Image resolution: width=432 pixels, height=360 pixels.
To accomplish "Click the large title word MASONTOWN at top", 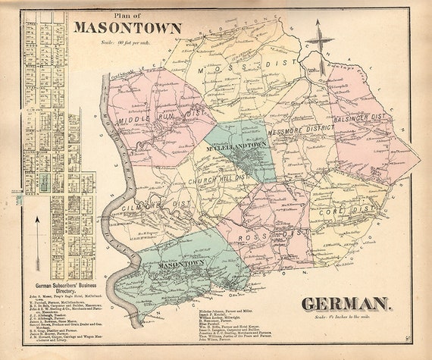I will pos(128,30).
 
